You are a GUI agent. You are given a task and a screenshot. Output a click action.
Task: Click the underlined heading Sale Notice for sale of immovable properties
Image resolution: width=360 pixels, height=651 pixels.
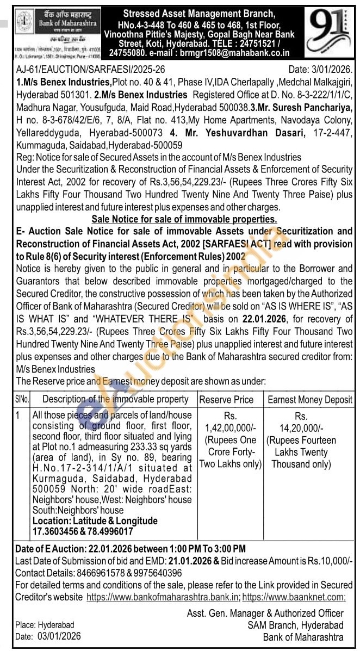click(184, 219)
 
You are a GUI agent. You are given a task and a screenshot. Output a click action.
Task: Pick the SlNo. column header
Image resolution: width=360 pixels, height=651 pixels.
click(22, 400)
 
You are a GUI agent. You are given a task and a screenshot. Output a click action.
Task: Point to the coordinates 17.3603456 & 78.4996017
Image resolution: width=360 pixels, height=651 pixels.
click(83, 531)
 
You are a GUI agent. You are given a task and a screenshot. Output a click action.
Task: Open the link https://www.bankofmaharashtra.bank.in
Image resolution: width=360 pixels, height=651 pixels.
click(163, 597)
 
